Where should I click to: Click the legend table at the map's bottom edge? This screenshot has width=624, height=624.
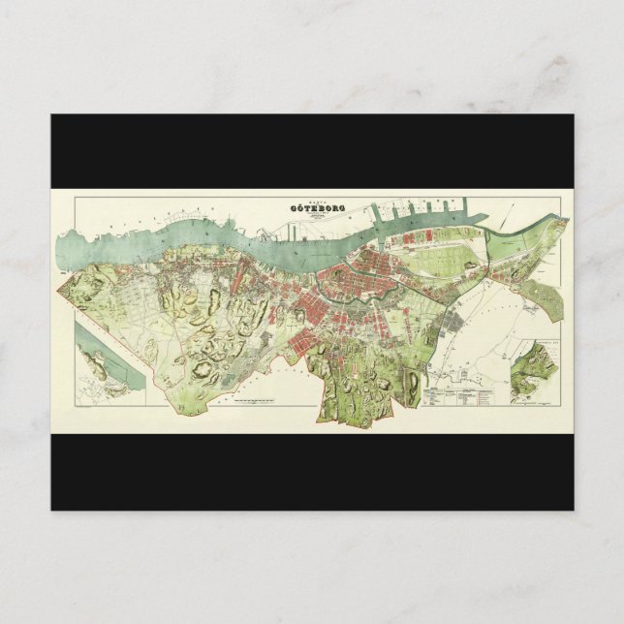[459, 395]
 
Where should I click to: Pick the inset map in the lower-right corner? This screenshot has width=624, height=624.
[536, 368]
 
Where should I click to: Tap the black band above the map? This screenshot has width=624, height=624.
[312, 150]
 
